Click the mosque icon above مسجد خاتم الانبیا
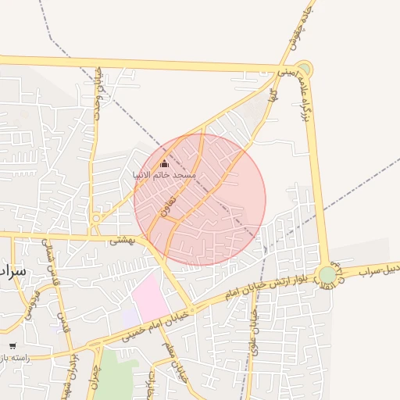point(164,164)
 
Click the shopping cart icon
point(12,345)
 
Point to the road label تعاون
point(165,206)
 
